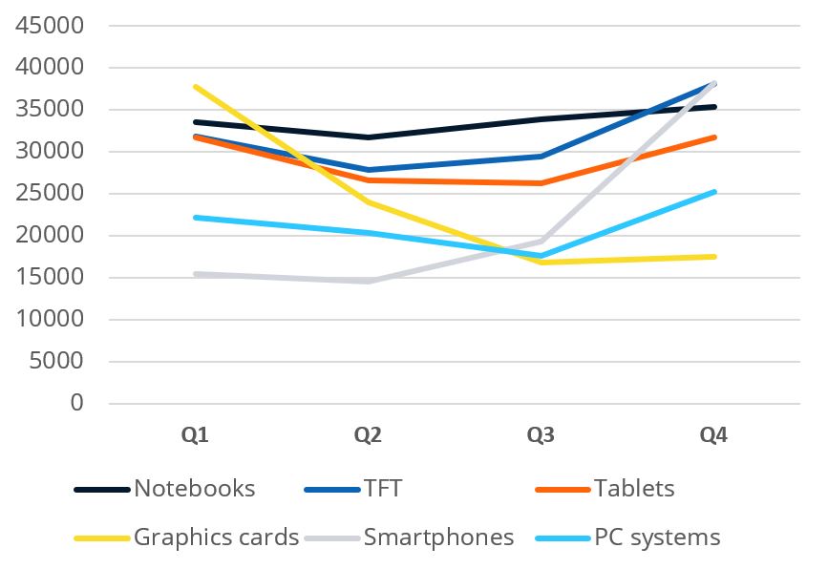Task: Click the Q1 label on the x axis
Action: click(x=195, y=435)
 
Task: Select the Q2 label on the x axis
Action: click(x=368, y=435)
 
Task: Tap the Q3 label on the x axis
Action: click(x=541, y=435)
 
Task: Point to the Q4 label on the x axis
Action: click(x=713, y=435)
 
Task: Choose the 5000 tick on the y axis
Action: click(x=59, y=361)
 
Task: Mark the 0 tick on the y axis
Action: click(x=77, y=403)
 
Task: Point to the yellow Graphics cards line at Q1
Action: click(x=195, y=87)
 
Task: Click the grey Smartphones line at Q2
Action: click(x=368, y=281)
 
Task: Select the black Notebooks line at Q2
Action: click(x=368, y=137)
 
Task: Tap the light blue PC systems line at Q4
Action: click(x=713, y=192)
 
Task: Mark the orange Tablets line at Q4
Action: click(x=713, y=137)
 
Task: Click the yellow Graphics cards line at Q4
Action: click(x=713, y=256)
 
